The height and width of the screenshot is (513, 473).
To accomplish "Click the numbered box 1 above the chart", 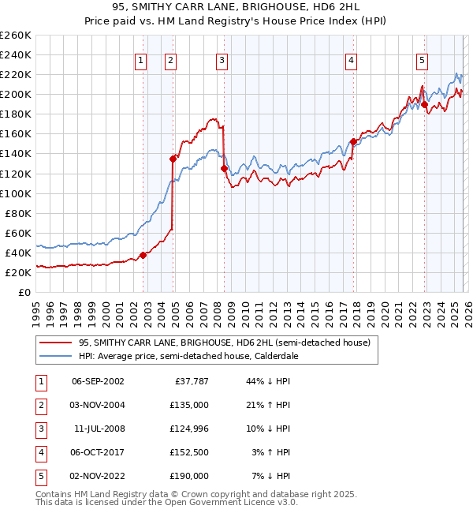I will pyautogui.click(x=140, y=59).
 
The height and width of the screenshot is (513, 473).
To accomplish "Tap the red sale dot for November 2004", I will pyautogui.click(x=173, y=159).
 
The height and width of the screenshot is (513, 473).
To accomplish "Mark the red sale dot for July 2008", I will pyautogui.click(x=224, y=168).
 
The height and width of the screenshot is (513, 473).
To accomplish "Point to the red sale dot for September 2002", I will pyautogui.click(x=143, y=255).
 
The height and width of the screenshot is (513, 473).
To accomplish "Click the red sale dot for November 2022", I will pyautogui.click(x=424, y=104).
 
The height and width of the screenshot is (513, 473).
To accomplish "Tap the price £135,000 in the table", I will pyautogui.click(x=189, y=404).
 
